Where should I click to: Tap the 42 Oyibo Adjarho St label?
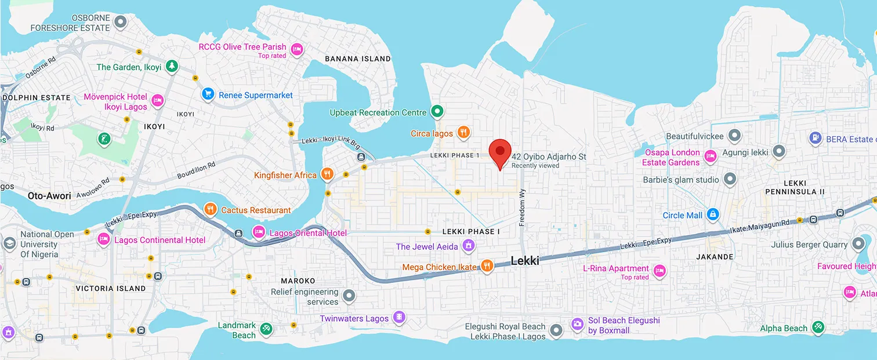click(549, 157)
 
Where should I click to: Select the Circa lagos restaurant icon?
click(463, 133)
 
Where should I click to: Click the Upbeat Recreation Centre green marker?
click(438, 112)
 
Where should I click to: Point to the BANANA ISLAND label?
click(357, 59)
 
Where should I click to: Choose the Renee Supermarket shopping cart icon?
click(208, 94)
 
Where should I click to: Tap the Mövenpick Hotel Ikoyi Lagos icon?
click(157, 102)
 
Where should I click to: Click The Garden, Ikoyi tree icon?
click(171, 67)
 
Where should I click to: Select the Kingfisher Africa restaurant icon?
click(327, 174)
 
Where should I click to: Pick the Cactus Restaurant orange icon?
click(211, 209)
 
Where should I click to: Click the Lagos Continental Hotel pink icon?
click(104, 239)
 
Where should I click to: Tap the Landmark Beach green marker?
click(266, 329)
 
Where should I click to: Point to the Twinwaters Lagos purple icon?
click(398, 318)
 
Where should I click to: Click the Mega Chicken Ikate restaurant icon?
click(486, 267)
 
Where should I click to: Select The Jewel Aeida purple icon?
click(469, 246)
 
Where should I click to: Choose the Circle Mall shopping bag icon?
click(713, 215)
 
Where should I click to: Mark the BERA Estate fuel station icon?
click(816, 139)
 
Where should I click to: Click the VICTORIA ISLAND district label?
click(111, 288)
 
